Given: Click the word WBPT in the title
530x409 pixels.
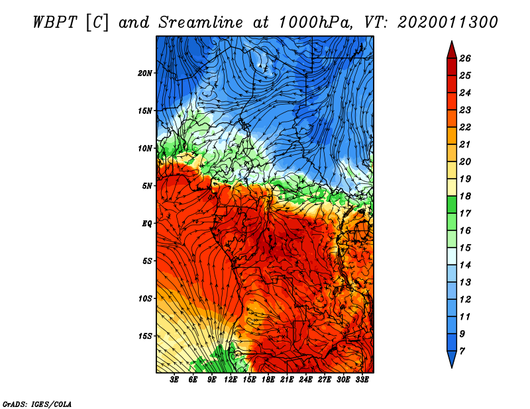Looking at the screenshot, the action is click(x=56, y=23).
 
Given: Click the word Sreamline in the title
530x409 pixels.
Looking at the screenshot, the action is click(x=201, y=23).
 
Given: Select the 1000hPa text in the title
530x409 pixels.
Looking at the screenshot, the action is click(x=316, y=23).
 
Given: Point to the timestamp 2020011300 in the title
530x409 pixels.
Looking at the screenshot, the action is click(x=447, y=23).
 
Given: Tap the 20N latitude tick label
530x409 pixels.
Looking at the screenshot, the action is click(x=145, y=73).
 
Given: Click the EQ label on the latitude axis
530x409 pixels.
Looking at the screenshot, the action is click(x=146, y=224).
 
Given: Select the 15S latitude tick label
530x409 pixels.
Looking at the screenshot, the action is click(x=145, y=336).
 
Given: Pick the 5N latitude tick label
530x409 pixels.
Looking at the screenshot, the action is click(x=147, y=186).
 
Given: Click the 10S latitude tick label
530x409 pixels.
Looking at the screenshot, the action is click(x=145, y=298).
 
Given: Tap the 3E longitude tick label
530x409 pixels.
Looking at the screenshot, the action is click(x=174, y=380).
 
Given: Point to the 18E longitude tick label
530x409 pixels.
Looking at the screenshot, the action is click(x=268, y=380).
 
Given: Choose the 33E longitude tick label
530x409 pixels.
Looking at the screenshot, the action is click(x=362, y=380).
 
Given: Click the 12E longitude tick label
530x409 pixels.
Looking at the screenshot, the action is click(x=231, y=380).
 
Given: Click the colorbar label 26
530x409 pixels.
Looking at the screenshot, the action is click(x=465, y=58).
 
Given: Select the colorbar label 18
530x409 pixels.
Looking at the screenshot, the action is click(x=465, y=196).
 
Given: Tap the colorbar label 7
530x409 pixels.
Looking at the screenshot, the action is click(x=462, y=351).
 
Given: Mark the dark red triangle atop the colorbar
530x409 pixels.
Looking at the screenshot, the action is click(x=452, y=52).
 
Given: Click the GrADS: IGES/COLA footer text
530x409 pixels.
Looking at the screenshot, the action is click(x=37, y=404).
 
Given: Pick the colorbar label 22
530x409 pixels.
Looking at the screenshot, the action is click(x=465, y=127).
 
